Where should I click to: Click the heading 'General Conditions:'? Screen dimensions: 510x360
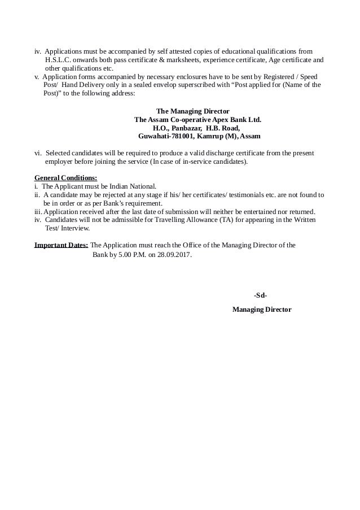pos(65,178)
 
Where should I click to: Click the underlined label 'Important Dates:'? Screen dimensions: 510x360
pos(61,246)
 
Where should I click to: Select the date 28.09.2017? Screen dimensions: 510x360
pos(173,255)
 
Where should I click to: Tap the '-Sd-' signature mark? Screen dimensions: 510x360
pos(260,295)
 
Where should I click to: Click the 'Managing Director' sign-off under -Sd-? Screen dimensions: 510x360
pos(262,310)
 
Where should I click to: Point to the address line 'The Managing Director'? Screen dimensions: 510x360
pos(192,111)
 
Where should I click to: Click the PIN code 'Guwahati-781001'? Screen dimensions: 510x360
pos(166,137)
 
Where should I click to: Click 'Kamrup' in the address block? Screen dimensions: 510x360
pos(205,137)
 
